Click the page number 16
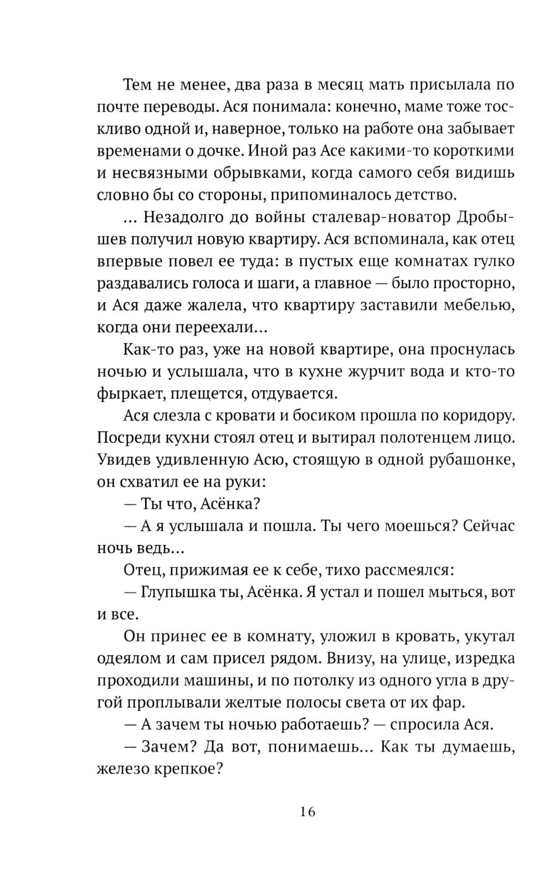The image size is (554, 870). (x=308, y=812)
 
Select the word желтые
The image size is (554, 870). (x=257, y=703)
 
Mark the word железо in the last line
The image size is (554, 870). (x=125, y=769)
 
